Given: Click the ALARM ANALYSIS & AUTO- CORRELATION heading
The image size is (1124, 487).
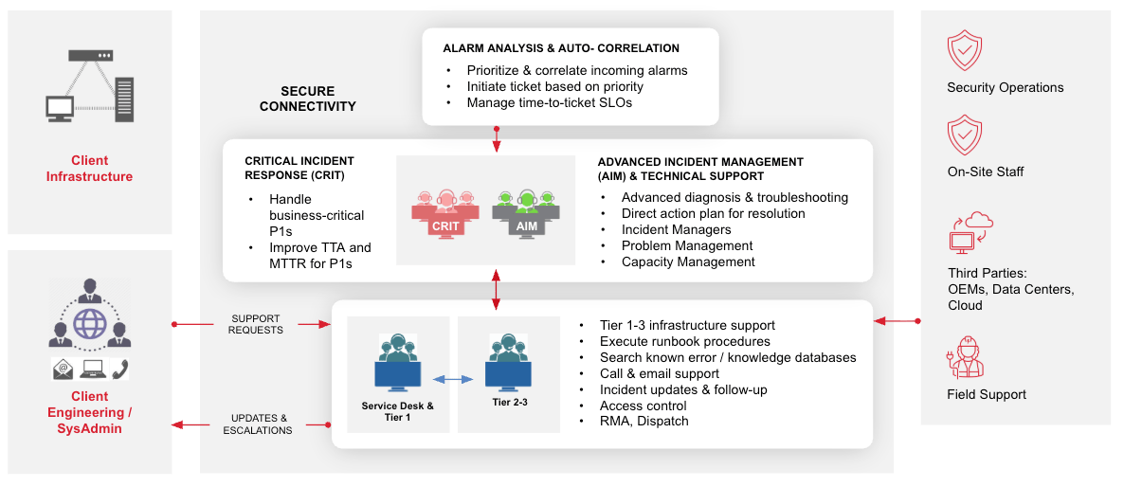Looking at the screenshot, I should tap(561, 48).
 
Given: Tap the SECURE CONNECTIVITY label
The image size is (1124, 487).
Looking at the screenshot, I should tap(307, 99).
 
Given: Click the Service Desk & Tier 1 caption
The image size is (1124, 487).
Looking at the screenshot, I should tap(398, 411).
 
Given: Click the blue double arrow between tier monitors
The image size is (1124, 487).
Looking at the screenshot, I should tap(453, 379).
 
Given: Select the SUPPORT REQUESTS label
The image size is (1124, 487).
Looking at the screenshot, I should tap(256, 324).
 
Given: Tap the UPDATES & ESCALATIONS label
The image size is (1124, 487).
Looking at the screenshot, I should tap(258, 424).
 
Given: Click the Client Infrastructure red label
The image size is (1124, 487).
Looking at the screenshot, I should tap(90, 169).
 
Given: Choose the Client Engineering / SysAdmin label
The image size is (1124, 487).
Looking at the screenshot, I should tap(90, 412).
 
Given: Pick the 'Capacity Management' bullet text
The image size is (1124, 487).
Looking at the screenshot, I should tap(688, 262).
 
